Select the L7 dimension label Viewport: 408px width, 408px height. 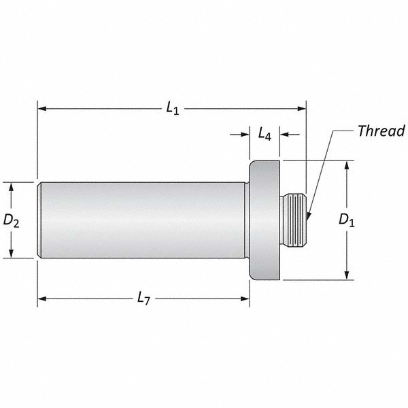pyautogui.click(x=143, y=298)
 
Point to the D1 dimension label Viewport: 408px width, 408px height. pyautogui.click(x=347, y=220)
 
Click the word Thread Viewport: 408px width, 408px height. pyautogui.click(x=381, y=131)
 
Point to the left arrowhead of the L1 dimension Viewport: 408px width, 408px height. pyautogui.click(x=41, y=108)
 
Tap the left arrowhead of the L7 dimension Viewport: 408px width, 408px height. pyautogui.click(x=41, y=298)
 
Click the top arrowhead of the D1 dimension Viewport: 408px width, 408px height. pyautogui.click(x=347, y=165)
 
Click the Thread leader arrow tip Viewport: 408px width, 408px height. pyautogui.click(x=307, y=218)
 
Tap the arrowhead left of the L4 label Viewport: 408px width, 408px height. pyautogui.click(x=245, y=135)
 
